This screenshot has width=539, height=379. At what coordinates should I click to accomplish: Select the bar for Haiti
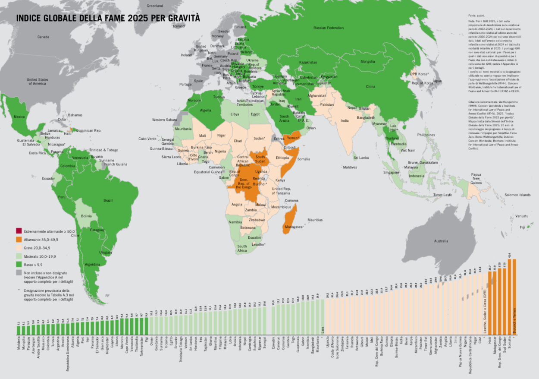click(490, 302)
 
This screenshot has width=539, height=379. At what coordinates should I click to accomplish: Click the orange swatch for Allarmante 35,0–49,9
click(19, 239)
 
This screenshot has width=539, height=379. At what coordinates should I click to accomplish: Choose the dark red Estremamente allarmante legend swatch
click(19, 231)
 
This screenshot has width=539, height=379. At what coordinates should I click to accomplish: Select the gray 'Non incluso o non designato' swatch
click(19, 273)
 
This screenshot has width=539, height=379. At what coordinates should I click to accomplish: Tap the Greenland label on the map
click(155, 6)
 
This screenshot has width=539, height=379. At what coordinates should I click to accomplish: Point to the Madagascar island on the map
click(290, 220)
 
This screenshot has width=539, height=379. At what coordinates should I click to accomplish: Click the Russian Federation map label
click(329, 28)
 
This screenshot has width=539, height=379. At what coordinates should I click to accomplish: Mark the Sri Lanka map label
click(361, 158)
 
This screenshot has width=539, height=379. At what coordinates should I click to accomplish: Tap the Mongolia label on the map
click(367, 61)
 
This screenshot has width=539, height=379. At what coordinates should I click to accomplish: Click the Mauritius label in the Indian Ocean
click(315, 220)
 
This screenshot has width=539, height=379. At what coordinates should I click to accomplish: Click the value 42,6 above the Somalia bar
click(510, 255)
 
